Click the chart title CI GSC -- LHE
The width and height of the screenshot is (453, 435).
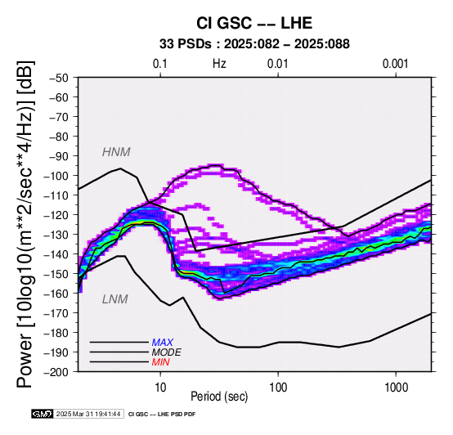(x=254, y=23)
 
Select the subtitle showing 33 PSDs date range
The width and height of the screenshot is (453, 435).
(x=254, y=44)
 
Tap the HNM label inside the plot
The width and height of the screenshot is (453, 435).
(x=116, y=152)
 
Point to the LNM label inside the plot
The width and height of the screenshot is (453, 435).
(x=115, y=299)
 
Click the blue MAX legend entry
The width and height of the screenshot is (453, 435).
(x=163, y=343)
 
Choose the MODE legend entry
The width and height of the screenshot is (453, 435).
(x=167, y=352)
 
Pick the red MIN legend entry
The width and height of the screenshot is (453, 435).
(x=160, y=362)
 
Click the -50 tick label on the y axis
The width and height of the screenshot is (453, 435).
(x=58, y=78)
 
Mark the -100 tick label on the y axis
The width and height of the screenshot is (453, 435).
(x=56, y=176)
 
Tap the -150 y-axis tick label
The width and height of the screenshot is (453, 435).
(x=56, y=274)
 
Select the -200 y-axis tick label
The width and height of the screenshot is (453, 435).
(x=56, y=372)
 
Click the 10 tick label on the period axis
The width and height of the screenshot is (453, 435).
(x=160, y=388)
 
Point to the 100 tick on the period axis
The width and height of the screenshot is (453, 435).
(x=278, y=388)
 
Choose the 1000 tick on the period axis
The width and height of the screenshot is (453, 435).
(x=397, y=388)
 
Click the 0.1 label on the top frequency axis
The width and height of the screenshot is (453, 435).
(x=160, y=64)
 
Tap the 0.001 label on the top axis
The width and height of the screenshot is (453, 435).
(x=396, y=64)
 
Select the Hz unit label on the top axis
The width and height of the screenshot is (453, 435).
(x=219, y=64)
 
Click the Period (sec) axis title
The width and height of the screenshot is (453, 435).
(x=219, y=397)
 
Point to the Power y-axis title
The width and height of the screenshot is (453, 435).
(x=25, y=224)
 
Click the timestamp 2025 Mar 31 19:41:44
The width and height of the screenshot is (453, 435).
(x=88, y=414)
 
